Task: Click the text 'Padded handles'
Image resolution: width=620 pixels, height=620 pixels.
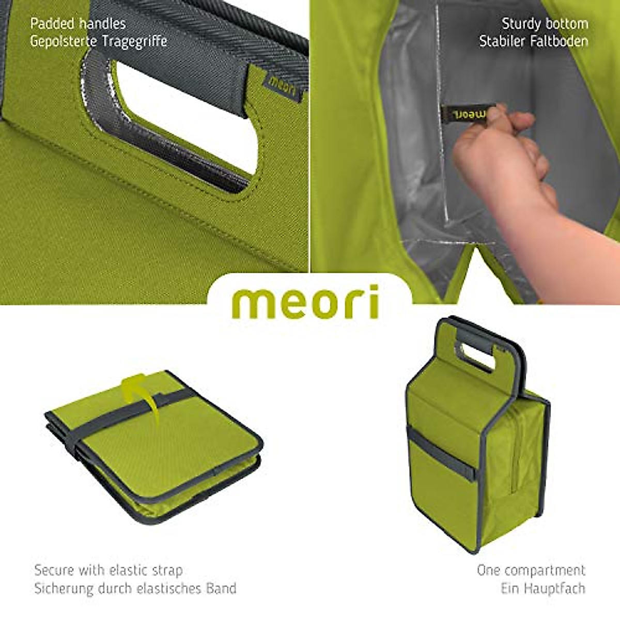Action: coord(78,24)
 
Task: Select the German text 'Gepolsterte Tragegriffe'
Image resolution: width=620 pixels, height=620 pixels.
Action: coord(98,41)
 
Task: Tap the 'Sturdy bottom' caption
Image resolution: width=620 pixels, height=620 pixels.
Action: coord(545,24)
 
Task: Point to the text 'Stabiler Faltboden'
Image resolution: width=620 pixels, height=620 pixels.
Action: coord(533,41)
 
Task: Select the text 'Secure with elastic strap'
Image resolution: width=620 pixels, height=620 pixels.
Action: coord(108,570)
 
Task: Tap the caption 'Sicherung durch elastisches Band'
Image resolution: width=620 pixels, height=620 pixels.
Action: coord(135,588)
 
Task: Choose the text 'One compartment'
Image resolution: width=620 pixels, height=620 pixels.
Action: coord(531,570)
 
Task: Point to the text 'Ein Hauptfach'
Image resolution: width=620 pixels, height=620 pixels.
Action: coord(542,588)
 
